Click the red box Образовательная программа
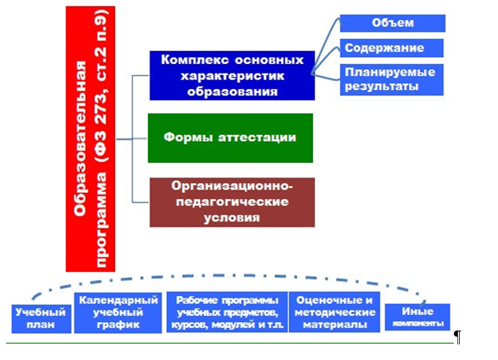coord(91,139)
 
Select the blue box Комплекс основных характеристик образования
coord(233,75)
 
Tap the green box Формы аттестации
coord(230,138)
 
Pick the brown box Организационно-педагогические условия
coord(233,202)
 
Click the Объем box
coord(393,23)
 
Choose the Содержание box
coord(392,48)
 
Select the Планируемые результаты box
coord(392,80)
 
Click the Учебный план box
coord(41,319)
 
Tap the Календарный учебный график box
coord(118,313)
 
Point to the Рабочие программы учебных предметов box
coord(227,312)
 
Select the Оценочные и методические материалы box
coord(335,312)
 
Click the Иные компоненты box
coord(418,317)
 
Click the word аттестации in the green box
coord(257,138)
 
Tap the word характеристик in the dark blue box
coord(233,76)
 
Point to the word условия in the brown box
coord(232,218)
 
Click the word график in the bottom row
coord(118,325)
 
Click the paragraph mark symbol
coord(457,337)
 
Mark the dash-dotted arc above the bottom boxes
coord(227,275)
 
